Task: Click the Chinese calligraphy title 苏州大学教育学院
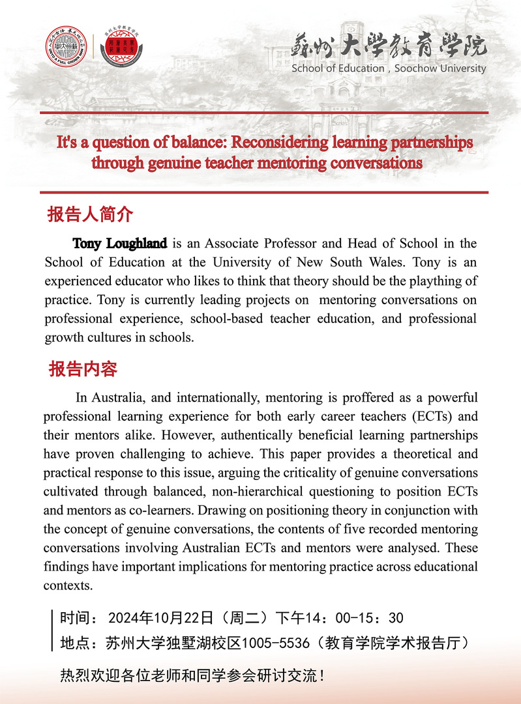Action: (x=389, y=46)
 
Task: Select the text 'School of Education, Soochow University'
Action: (x=389, y=68)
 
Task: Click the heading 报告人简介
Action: (x=90, y=215)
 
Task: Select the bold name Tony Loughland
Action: (x=120, y=244)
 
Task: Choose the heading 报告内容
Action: (x=83, y=369)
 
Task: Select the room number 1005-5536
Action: (x=275, y=643)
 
